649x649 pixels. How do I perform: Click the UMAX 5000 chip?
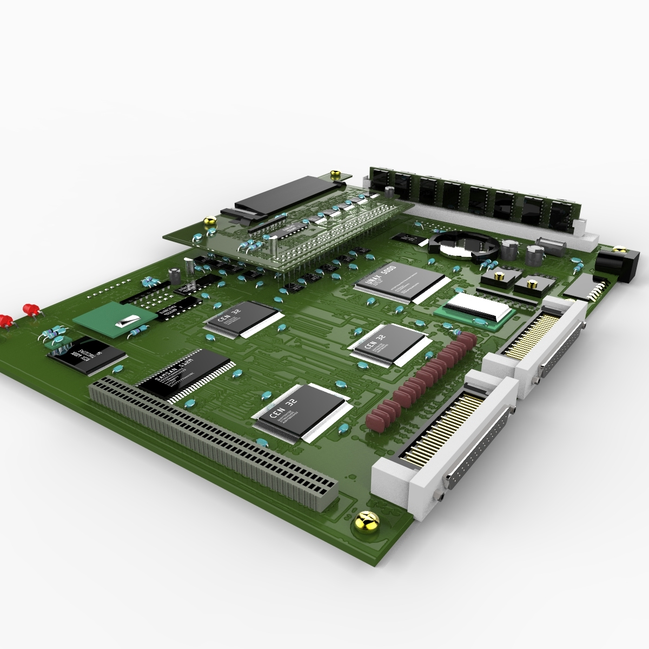coord(401,281)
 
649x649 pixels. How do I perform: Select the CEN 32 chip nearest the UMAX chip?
coord(388,345)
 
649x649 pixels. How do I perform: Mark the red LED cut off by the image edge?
coord(5,320)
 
